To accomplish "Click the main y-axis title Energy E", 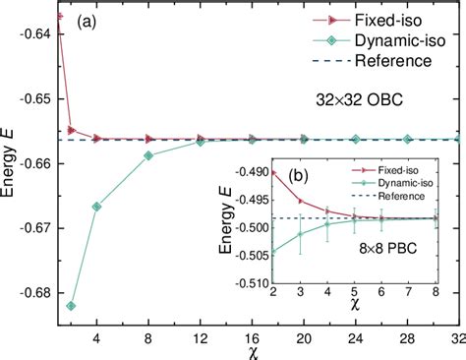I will (x=11, y=167).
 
